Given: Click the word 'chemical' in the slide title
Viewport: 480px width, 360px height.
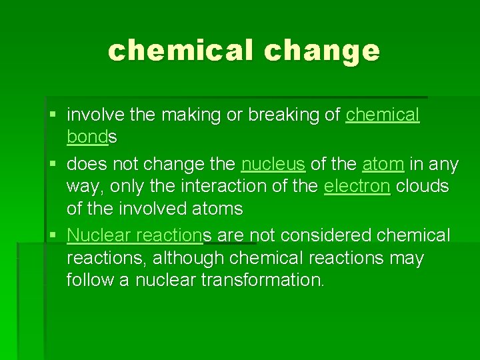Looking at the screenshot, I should coord(177,51).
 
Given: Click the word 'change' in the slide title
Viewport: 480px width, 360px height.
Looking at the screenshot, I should coord(321,51).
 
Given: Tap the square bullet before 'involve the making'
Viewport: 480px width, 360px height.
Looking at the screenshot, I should coord(53,115).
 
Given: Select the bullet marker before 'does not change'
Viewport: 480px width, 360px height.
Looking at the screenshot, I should coord(53,164).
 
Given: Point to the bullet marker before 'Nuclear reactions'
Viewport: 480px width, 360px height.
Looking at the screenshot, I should coord(53,235).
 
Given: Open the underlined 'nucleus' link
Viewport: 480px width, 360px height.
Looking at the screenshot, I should coord(273,164).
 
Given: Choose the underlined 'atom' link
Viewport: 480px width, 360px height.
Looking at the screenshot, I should coord(383,164).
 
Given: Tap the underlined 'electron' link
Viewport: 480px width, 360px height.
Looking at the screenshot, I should coord(357,187).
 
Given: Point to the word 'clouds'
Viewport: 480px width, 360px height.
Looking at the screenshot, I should coord(422,187).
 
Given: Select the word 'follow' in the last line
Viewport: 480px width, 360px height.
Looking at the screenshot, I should coord(89,280).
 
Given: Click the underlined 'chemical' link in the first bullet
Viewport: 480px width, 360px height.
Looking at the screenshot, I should coord(383,115).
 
